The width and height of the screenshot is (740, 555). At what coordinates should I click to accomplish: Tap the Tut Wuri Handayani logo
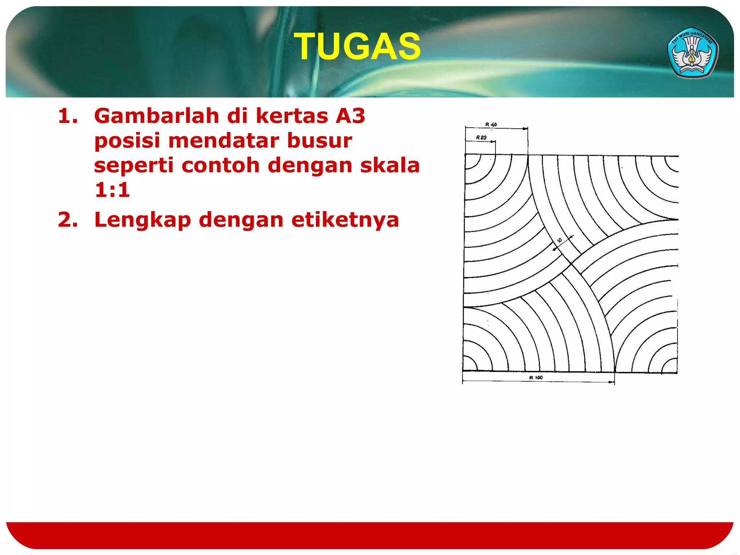(x=692, y=53)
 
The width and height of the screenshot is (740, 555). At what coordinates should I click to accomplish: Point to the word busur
(x=319, y=141)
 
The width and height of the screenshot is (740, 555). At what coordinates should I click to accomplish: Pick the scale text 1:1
(x=112, y=190)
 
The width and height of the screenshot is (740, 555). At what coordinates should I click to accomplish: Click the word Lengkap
(x=142, y=220)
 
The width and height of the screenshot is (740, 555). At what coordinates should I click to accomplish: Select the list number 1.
(x=68, y=116)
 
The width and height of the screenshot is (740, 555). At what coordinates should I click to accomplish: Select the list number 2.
(x=68, y=220)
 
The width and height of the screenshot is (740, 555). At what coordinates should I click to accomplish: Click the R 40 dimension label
(x=491, y=124)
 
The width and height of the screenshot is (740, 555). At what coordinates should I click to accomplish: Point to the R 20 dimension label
(x=481, y=137)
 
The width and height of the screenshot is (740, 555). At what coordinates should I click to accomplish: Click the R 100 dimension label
(x=536, y=378)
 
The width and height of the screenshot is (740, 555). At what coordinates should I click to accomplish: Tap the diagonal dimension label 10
(x=559, y=240)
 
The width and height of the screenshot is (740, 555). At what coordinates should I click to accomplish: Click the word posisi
(x=127, y=141)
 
